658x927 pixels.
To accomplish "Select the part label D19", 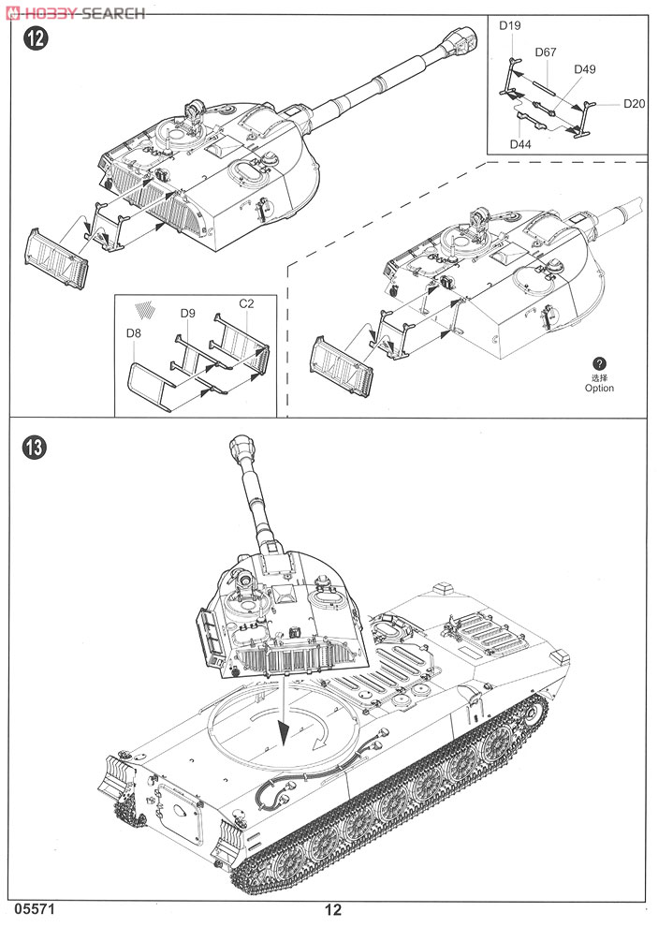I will click(509, 26).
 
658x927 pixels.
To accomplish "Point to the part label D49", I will click(585, 69).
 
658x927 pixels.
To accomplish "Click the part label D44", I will click(521, 143).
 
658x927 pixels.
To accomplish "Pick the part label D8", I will click(136, 332).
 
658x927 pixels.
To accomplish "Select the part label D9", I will click(186, 312).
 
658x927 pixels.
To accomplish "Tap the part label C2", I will click(247, 304).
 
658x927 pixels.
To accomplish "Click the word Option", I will click(600, 388).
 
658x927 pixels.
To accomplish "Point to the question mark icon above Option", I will click(600, 363).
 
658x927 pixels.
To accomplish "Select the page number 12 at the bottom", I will click(333, 909).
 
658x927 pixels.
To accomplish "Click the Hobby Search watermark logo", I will click(75, 12).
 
